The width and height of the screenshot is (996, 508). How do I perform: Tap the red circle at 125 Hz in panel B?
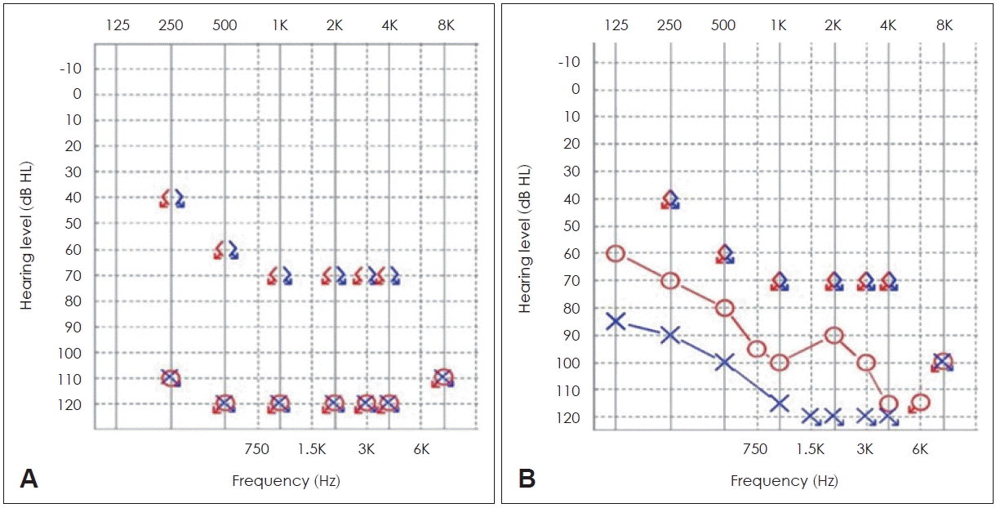click(x=616, y=253)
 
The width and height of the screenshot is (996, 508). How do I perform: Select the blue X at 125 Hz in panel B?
click(x=616, y=321)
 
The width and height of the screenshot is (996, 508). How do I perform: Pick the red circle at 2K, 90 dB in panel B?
click(x=834, y=335)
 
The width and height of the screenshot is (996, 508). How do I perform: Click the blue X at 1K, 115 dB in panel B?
click(x=779, y=403)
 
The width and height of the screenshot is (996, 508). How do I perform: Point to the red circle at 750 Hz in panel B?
click(x=756, y=349)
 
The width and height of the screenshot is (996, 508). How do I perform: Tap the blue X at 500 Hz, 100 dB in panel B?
click(x=724, y=362)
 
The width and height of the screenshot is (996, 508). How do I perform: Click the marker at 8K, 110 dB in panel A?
click(x=443, y=377)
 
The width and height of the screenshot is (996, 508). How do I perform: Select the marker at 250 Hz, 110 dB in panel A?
click(x=171, y=377)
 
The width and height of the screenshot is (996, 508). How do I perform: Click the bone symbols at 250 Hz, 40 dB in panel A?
click(x=171, y=198)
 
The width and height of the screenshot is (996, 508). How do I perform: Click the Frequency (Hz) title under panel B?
click(x=784, y=481)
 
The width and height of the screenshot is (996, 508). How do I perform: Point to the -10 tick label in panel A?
click(x=70, y=68)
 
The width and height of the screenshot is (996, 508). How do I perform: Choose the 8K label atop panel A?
click(x=446, y=25)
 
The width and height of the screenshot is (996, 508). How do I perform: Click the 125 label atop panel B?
click(x=616, y=25)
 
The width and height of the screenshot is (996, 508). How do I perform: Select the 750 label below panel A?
click(x=256, y=448)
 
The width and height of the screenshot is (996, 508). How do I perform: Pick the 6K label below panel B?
click(x=920, y=448)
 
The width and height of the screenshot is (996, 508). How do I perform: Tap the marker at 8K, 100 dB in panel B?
click(x=942, y=362)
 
